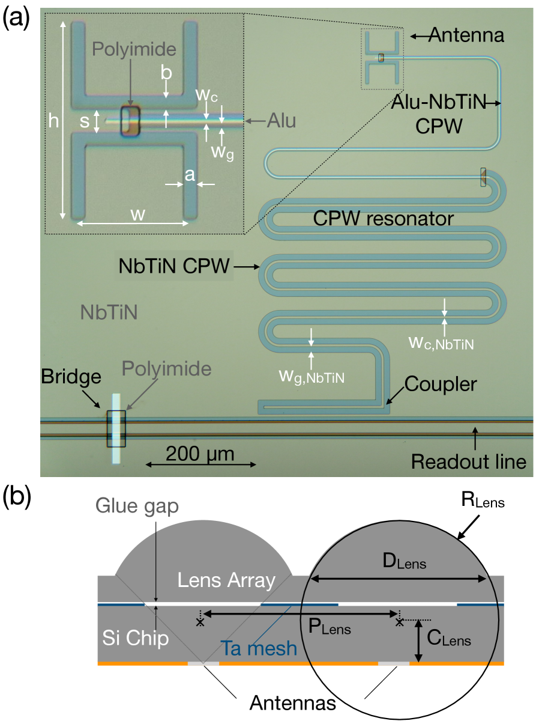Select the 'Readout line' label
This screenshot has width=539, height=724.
coord(469,461)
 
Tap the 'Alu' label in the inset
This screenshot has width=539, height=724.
coord(282,121)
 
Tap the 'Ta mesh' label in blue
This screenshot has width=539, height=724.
coord(259,648)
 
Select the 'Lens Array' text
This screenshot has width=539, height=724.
coord(226,580)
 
